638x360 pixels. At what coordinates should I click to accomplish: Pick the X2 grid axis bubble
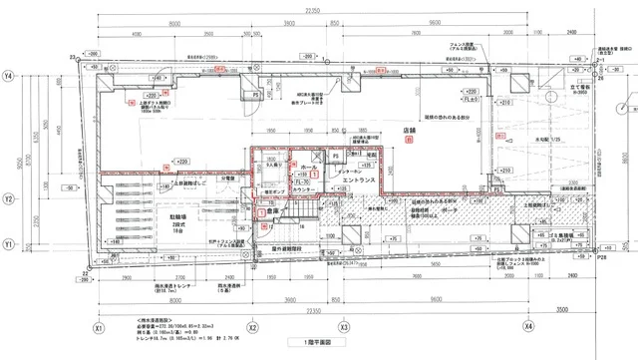pos(252,326)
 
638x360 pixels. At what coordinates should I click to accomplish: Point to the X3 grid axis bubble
pos(342,326)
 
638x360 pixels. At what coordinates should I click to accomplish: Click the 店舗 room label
pos(408,129)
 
